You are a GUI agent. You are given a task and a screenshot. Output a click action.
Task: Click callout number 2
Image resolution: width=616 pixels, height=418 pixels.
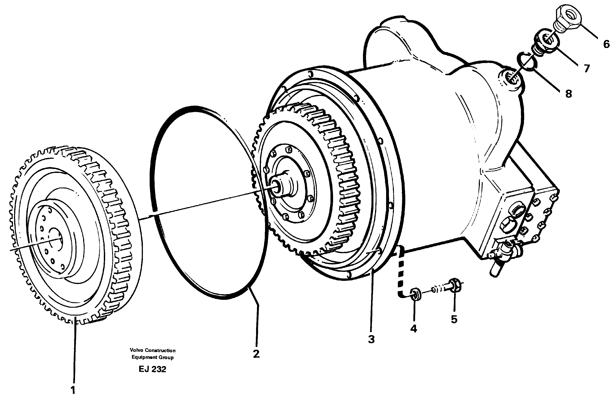[x=256, y=354]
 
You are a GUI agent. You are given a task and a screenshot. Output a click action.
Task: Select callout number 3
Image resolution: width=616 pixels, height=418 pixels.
[x=371, y=339]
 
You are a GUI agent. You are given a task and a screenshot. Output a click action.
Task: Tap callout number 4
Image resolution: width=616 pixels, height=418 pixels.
[x=414, y=329]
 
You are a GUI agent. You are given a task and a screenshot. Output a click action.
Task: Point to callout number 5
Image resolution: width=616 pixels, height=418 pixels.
[x=454, y=319]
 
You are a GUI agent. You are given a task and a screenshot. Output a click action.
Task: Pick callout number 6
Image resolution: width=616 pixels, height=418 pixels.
[x=606, y=44]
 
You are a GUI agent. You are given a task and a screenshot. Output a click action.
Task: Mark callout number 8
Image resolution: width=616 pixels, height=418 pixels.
[x=568, y=94]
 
